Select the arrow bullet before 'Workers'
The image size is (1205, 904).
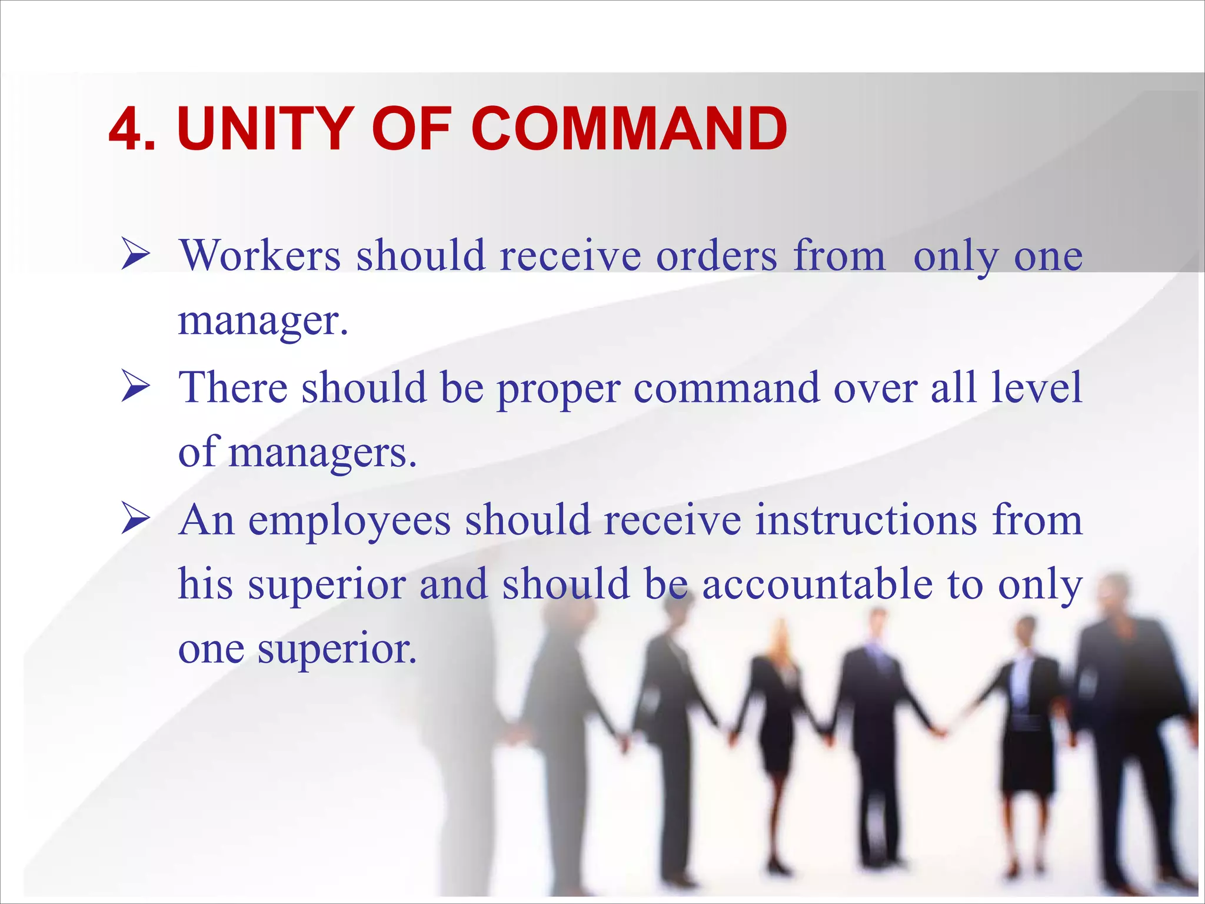click(x=135, y=256)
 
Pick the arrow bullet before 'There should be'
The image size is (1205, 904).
click(x=135, y=388)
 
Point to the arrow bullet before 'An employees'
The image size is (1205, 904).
click(x=135, y=520)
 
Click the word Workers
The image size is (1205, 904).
click(x=261, y=256)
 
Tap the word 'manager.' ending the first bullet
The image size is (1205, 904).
click(x=263, y=321)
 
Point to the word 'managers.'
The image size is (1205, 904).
click(x=322, y=454)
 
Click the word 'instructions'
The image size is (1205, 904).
click(x=866, y=520)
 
